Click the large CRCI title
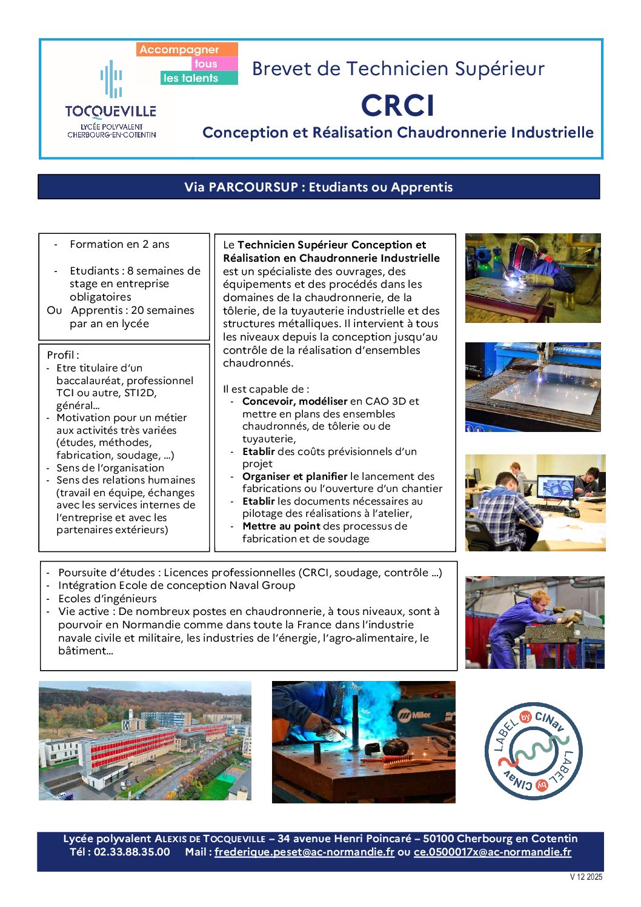point(397,105)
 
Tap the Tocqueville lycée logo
point(111,101)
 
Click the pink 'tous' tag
point(206,64)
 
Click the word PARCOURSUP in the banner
point(253,187)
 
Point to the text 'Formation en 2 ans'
point(119,244)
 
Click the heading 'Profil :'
point(63,355)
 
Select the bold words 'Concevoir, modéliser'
point(294,401)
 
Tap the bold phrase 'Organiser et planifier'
point(294,476)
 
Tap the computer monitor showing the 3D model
point(555,487)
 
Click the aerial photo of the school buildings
point(145,740)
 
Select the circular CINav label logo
point(533,751)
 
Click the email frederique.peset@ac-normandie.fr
point(304,852)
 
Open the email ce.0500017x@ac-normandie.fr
point(492,852)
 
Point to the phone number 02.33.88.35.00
point(131,852)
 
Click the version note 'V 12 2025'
point(586,877)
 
